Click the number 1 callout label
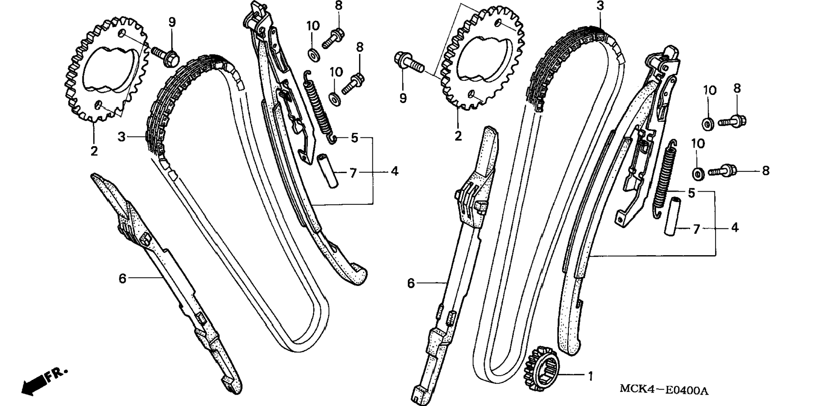point(590,376)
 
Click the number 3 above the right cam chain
point(600,6)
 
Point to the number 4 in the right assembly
point(734,228)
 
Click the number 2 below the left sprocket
point(94,150)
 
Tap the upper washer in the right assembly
point(707,124)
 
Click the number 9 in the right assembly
point(403,98)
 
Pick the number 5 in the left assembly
point(354,137)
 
